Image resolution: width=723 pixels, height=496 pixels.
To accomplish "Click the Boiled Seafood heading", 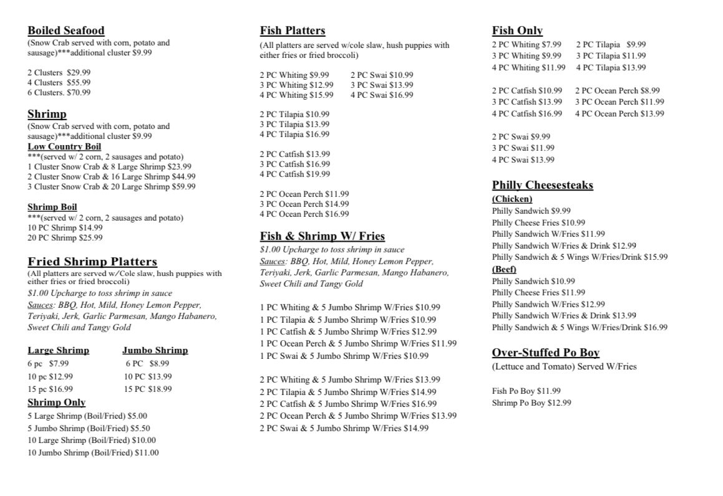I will (66, 31).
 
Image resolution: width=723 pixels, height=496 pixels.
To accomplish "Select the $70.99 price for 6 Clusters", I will (79, 93).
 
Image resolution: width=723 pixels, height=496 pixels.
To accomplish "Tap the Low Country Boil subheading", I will (64, 146).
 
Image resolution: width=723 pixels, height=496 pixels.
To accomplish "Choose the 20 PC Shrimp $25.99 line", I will (65, 237).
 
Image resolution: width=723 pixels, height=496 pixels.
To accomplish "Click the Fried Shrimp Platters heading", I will (92, 262).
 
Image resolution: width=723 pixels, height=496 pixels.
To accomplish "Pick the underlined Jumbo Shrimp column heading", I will (155, 350).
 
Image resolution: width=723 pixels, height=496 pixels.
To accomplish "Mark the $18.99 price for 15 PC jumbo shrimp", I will (158, 389).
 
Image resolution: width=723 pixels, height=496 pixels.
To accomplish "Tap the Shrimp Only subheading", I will (57, 403).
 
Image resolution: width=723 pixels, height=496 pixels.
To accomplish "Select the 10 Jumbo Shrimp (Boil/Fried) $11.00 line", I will (93, 453).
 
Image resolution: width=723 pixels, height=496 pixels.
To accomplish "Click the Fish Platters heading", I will (293, 31).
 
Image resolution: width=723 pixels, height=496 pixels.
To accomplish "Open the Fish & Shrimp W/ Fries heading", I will (323, 236).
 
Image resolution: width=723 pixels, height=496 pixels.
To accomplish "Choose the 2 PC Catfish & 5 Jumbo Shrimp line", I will (348, 404).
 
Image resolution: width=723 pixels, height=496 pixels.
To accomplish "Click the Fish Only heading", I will (517, 31).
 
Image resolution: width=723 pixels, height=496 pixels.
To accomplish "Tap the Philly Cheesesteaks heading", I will (543, 185).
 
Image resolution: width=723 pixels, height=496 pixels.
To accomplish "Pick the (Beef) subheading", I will (505, 270).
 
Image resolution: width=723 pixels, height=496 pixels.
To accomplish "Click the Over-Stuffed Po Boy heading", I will (546, 353).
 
